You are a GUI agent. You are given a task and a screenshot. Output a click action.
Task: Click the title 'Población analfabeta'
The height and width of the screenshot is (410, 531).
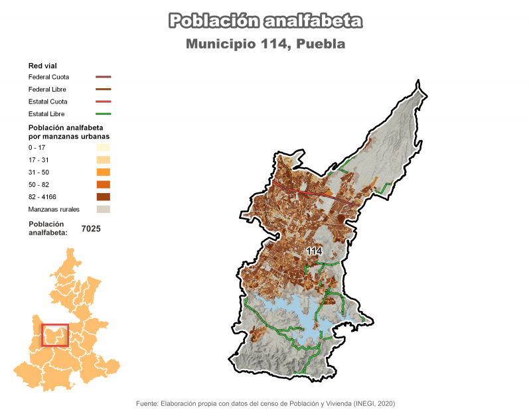click(265, 21)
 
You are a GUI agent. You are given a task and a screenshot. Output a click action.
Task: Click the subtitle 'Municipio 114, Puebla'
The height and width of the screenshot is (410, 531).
click(265, 44)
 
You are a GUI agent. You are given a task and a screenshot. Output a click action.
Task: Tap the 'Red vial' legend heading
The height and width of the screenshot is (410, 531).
click(41, 66)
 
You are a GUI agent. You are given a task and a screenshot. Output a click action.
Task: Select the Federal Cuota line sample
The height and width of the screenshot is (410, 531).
click(103, 77)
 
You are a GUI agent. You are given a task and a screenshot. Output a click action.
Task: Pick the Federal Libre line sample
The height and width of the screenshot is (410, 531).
click(103, 89)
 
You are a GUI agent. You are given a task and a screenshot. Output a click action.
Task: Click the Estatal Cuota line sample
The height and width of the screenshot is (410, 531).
click(103, 102)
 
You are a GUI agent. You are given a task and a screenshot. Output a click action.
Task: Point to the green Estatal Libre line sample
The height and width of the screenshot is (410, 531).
click(103, 114)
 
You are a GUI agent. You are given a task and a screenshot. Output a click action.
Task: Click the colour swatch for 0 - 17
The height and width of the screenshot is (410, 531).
click(103, 147)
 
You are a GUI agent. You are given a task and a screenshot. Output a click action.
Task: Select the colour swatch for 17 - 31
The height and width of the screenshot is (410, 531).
click(103, 160)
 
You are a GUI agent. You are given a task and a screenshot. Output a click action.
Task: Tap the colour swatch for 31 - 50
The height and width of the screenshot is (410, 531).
click(103, 172)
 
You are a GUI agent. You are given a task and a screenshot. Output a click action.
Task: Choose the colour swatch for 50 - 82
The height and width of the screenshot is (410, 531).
click(103, 184)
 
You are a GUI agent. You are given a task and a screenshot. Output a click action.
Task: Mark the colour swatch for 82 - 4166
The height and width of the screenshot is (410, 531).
click(103, 196)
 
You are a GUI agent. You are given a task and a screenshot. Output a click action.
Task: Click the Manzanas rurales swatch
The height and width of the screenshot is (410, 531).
click(103, 209)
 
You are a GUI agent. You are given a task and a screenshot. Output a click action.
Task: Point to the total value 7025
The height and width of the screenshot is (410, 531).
click(91, 228)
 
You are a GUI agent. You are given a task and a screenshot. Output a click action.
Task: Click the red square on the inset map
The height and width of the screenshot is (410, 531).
click(55, 335)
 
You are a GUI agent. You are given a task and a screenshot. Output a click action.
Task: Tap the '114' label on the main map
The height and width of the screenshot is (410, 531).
click(314, 251)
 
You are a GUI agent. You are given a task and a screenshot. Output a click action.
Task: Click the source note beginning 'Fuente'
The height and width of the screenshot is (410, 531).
click(265, 403)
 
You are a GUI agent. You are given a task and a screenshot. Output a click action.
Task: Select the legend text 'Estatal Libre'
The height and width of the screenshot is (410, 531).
click(48, 114)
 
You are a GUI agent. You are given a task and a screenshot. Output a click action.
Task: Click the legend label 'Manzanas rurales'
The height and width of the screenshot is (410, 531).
click(54, 209)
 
